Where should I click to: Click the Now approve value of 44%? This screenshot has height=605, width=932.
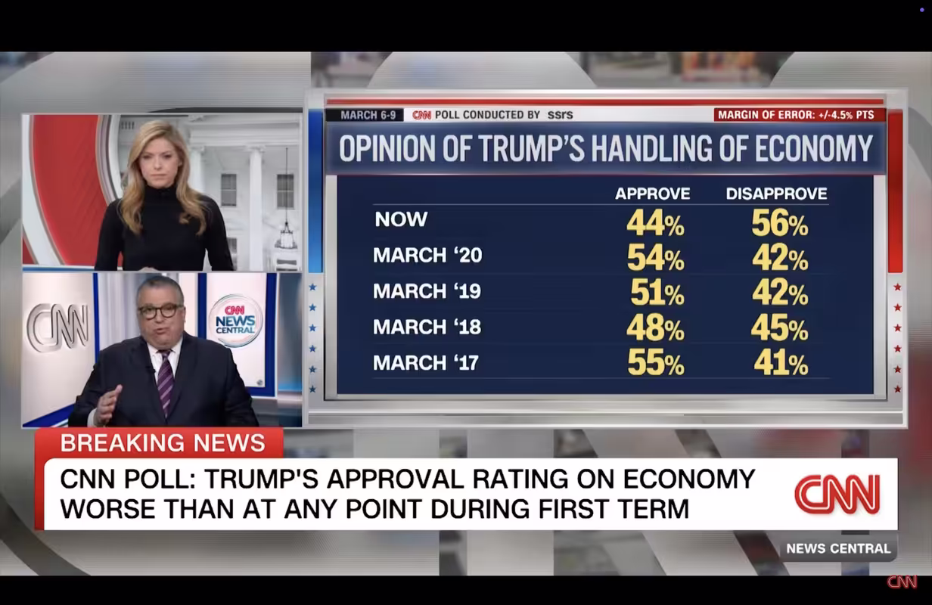click(655, 223)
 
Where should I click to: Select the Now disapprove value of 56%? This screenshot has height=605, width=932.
click(779, 223)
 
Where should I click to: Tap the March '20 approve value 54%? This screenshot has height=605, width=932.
click(655, 259)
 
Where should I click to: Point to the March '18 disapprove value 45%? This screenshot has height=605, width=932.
click(779, 328)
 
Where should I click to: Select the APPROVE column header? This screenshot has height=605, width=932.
click(652, 194)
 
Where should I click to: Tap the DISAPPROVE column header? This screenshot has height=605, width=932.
click(776, 194)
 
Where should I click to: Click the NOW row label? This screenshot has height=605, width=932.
click(401, 220)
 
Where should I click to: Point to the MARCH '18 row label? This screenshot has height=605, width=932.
click(427, 327)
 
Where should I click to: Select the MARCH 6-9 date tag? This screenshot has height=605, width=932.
click(368, 115)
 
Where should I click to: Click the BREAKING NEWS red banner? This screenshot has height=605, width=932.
click(162, 443)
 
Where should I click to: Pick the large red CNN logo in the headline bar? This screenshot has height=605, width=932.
click(837, 495)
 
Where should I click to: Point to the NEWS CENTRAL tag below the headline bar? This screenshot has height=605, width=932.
click(838, 548)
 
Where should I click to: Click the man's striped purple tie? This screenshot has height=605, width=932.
click(165, 383)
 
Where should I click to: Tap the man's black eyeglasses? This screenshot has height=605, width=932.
click(160, 311)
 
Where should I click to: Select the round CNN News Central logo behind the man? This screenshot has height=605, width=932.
click(235, 321)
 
